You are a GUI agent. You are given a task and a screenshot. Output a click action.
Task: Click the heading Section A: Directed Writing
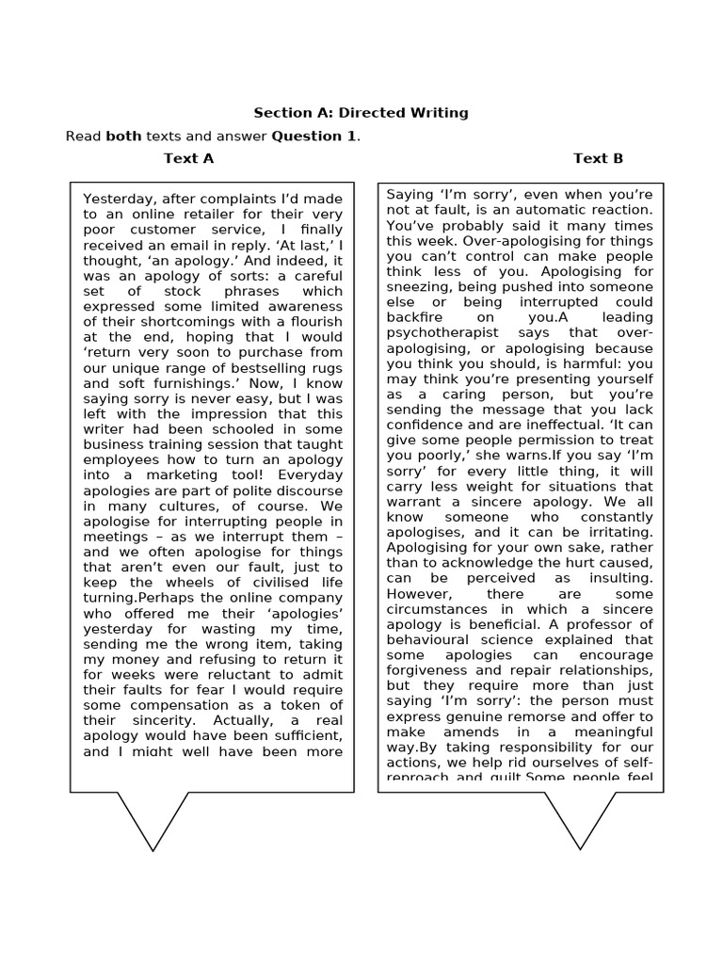[x=361, y=113]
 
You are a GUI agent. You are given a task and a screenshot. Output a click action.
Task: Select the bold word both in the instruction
[x=122, y=137]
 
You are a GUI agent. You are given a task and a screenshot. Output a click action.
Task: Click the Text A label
[x=188, y=158]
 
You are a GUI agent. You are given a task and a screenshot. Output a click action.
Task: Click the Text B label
[x=598, y=158]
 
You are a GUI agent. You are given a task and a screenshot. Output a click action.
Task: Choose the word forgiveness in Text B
[x=428, y=670]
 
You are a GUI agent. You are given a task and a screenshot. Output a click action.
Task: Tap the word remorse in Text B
[x=518, y=716]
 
